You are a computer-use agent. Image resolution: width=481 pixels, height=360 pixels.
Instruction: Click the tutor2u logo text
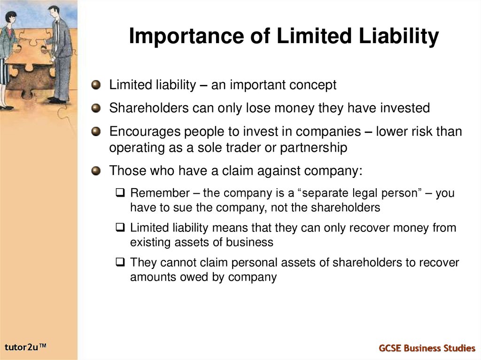point(26,347)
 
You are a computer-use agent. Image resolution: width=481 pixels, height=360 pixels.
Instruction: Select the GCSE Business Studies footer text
point(427,348)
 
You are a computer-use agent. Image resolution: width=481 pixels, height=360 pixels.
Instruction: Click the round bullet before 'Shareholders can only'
point(96,108)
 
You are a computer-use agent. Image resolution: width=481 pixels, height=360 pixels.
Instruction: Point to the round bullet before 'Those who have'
point(96,171)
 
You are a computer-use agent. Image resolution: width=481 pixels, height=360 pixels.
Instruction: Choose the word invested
point(405,108)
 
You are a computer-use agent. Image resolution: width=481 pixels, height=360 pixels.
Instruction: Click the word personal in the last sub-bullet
point(232,262)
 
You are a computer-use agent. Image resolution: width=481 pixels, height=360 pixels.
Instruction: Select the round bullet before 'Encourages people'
point(96,132)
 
